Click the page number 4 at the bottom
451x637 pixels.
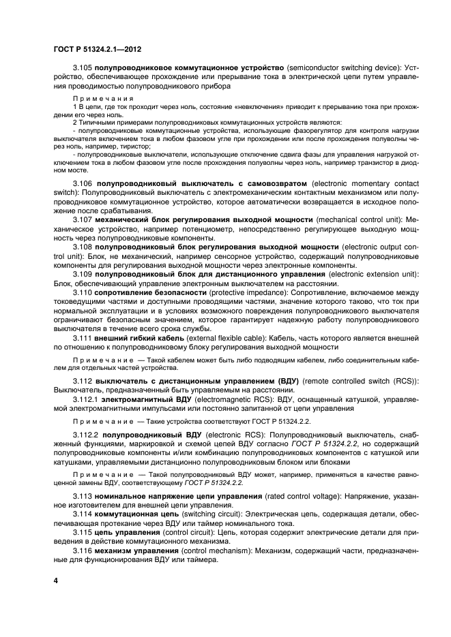(x=56, y=580)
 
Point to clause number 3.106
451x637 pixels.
(x=83, y=185)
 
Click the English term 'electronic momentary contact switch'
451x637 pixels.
(x=365, y=185)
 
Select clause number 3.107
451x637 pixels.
(x=83, y=220)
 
